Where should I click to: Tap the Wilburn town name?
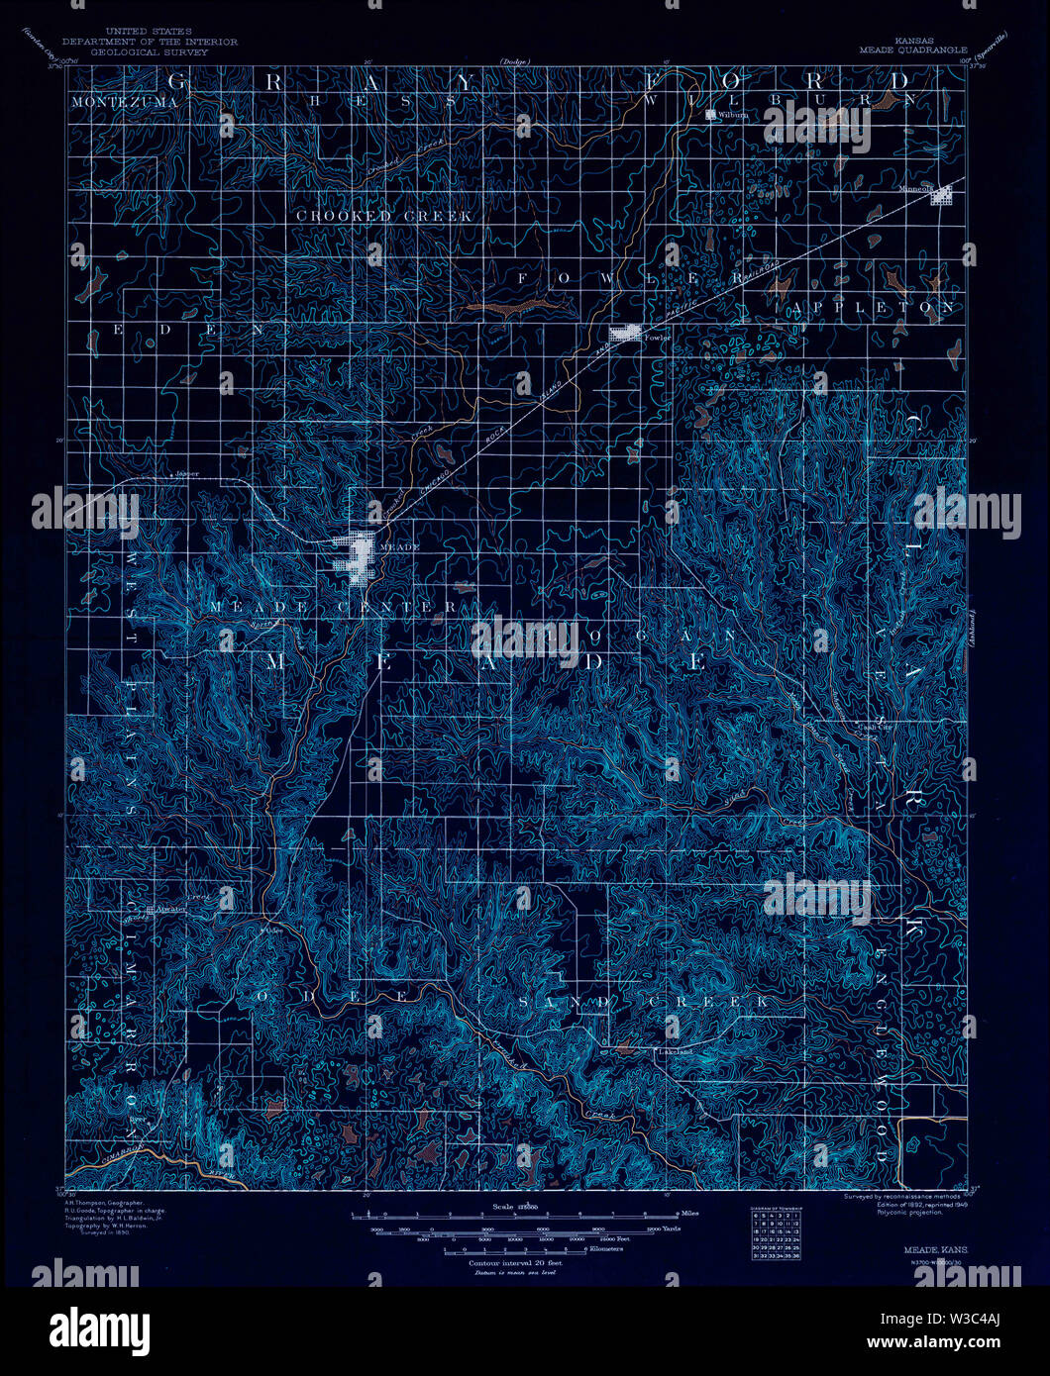(735, 115)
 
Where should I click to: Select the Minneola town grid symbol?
(943, 197)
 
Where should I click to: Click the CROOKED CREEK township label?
(384, 215)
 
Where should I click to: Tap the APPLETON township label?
(875, 308)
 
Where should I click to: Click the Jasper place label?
(187, 473)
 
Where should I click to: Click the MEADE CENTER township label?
(333, 606)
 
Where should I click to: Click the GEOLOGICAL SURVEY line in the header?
(150, 51)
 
